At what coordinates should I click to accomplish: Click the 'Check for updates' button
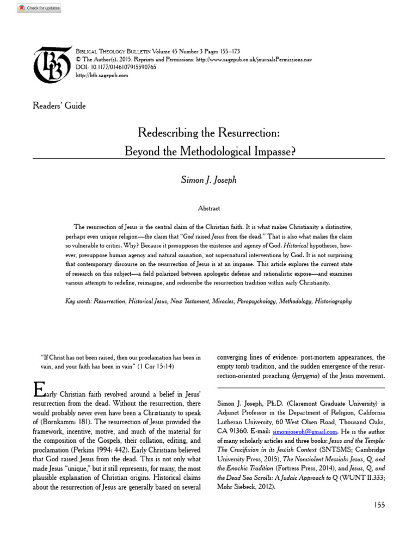(39, 8)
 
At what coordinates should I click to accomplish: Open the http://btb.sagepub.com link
(102, 76)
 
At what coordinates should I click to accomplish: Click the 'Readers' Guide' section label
(59, 106)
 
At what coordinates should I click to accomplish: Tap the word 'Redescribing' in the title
(171, 133)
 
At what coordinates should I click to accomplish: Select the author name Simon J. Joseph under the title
(209, 180)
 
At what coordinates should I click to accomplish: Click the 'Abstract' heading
(209, 208)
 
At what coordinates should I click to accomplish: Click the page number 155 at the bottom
(379, 505)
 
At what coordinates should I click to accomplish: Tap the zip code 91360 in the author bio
(241, 431)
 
